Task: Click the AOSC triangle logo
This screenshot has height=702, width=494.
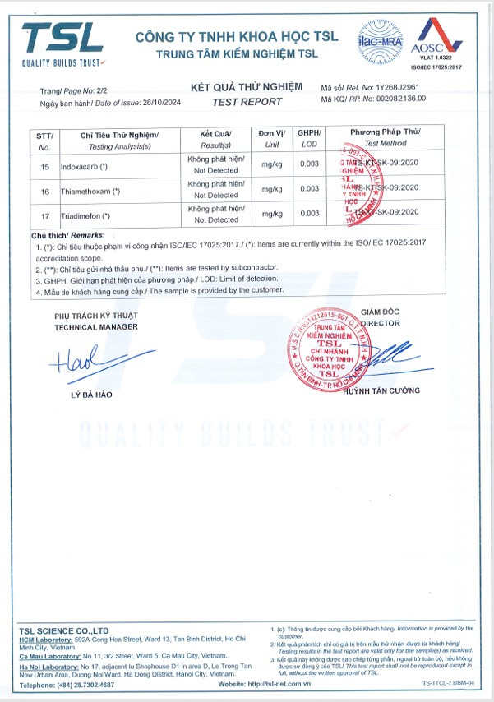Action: pos(431,38)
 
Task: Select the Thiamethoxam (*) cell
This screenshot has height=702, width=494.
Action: pos(91,191)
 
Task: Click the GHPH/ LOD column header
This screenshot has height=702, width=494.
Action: pos(309,137)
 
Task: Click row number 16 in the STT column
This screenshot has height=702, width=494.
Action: pos(44,191)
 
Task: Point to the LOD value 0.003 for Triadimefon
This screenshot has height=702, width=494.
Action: pos(309,214)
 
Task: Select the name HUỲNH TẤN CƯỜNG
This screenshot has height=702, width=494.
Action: pos(382,390)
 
